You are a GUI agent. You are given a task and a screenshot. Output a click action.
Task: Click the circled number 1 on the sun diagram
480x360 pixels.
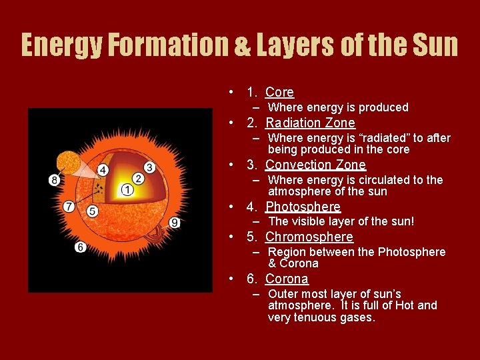coord(127,190)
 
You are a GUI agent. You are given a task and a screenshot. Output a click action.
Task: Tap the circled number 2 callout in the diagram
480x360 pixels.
coord(138,178)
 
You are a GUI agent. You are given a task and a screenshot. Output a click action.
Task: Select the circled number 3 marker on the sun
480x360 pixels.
coord(149,167)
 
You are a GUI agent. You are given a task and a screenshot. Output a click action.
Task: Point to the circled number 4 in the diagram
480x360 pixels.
coord(103,170)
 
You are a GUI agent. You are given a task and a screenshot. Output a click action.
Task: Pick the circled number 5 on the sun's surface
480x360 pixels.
coord(92,211)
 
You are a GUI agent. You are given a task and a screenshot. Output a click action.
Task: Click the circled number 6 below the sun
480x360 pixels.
coord(80,247)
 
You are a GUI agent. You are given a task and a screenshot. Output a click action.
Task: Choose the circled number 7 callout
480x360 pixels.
coord(69,207)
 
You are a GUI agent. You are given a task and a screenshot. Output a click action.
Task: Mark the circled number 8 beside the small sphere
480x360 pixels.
coord(54,179)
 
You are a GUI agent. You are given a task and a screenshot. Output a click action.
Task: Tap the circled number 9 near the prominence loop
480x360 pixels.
coord(175,223)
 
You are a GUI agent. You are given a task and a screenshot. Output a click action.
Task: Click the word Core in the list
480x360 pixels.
coord(279,93)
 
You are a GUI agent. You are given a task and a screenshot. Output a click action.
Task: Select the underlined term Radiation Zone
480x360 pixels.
coord(310,123)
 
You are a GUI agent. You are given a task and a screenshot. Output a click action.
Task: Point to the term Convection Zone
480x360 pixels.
coord(315,165)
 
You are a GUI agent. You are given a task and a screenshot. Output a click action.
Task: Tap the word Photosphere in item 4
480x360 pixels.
coord(303,207)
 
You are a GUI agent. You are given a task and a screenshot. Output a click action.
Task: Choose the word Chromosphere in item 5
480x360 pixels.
coord(309,237)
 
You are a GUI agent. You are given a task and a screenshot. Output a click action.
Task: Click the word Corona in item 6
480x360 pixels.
coord(287,279)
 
